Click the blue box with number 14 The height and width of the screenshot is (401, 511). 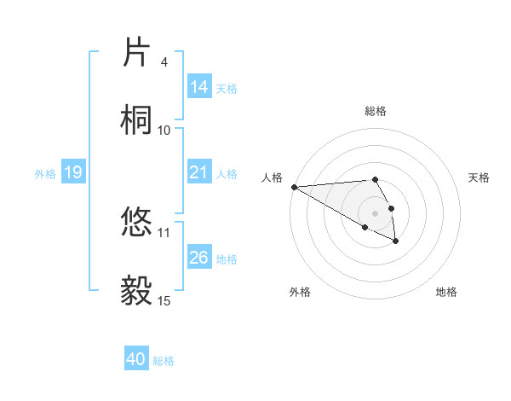[x=198, y=87]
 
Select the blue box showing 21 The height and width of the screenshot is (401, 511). [x=198, y=172]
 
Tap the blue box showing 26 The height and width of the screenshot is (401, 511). [x=198, y=258]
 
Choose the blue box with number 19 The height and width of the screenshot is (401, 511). [x=72, y=172]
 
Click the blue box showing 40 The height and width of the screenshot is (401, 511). [x=136, y=360]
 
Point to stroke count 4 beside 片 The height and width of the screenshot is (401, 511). [x=164, y=62]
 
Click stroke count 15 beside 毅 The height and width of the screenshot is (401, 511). [x=164, y=300]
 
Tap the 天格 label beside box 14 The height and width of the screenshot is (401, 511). [x=227, y=88]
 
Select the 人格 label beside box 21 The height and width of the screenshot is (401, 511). [x=227, y=173]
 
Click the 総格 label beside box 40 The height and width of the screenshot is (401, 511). [x=164, y=361]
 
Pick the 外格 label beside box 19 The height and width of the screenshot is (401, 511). [x=44, y=173]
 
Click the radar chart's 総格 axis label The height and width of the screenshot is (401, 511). [x=376, y=111]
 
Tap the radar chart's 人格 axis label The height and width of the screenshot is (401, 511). [x=273, y=177]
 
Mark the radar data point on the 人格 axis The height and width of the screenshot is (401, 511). [x=294, y=187]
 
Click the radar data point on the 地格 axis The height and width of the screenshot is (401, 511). [x=396, y=241]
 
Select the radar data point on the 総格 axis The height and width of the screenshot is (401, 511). [x=376, y=179]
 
